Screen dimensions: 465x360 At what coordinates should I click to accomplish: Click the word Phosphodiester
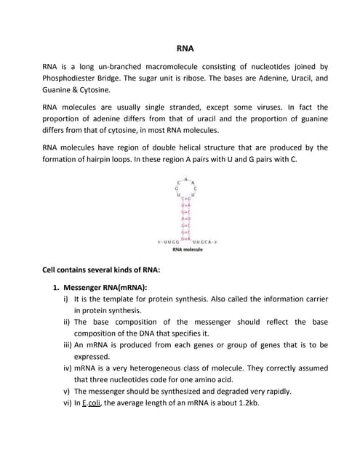tap(74, 78)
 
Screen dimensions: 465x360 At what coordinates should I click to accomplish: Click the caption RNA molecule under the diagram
tap(187, 249)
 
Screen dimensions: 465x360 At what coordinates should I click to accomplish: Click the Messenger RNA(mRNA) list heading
tap(105, 286)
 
